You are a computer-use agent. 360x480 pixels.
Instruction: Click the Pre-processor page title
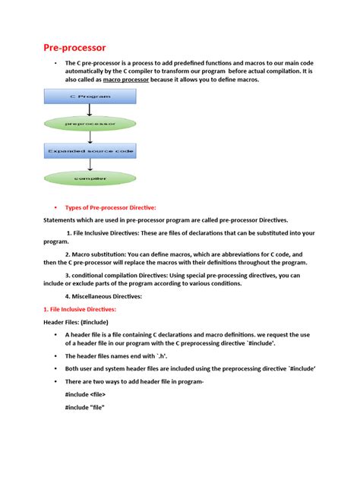[x=75, y=48]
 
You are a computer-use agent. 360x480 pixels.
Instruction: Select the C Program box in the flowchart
[x=90, y=96]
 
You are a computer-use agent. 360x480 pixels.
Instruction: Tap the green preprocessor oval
[x=90, y=122]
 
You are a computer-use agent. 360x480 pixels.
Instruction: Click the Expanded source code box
[x=90, y=152]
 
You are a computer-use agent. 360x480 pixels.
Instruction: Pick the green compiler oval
[x=90, y=179]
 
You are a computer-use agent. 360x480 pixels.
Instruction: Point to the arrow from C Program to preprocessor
[x=90, y=109]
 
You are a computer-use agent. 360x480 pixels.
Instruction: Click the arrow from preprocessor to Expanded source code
[x=90, y=137]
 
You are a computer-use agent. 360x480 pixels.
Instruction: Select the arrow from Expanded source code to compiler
[x=90, y=165]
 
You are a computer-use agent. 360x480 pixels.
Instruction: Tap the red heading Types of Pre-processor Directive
[x=111, y=207]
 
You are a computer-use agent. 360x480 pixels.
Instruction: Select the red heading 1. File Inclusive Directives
[x=78, y=309]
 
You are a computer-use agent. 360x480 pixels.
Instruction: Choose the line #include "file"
[x=84, y=408]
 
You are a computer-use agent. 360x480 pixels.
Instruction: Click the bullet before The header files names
[x=55, y=355]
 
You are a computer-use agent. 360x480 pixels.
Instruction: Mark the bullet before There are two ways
[x=55, y=381]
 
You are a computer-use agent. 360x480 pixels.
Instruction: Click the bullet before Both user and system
[x=55, y=368]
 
